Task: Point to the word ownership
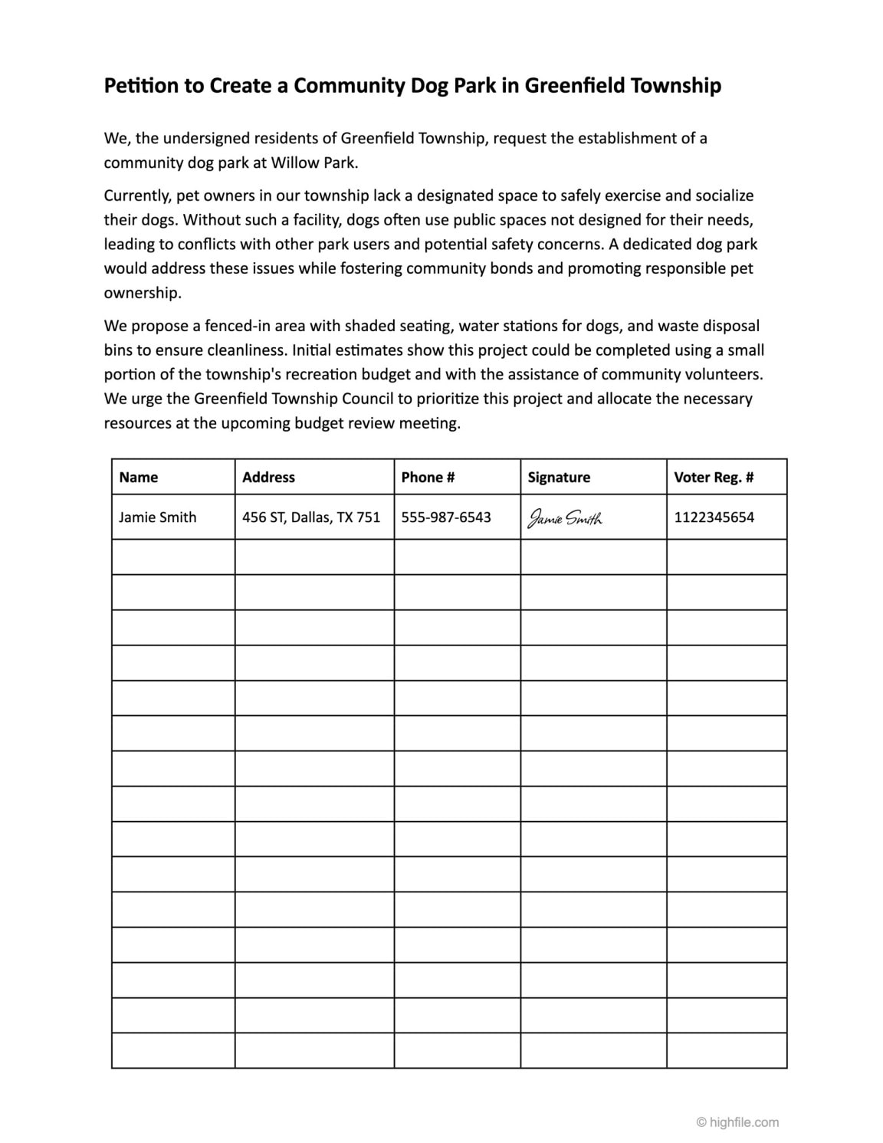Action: (x=142, y=293)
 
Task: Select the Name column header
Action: (x=139, y=477)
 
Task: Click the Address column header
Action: (x=268, y=477)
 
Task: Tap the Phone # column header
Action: (x=428, y=477)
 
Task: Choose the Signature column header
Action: (x=559, y=477)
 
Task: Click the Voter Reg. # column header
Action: (x=714, y=477)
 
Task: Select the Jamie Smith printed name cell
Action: (x=158, y=517)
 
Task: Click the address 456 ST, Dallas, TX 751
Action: (x=311, y=517)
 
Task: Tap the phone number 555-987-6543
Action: (x=446, y=517)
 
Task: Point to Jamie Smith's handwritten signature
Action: (x=565, y=519)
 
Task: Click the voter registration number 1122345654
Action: (x=714, y=517)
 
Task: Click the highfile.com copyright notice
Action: (x=737, y=1122)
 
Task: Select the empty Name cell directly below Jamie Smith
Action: (x=173, y=557)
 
